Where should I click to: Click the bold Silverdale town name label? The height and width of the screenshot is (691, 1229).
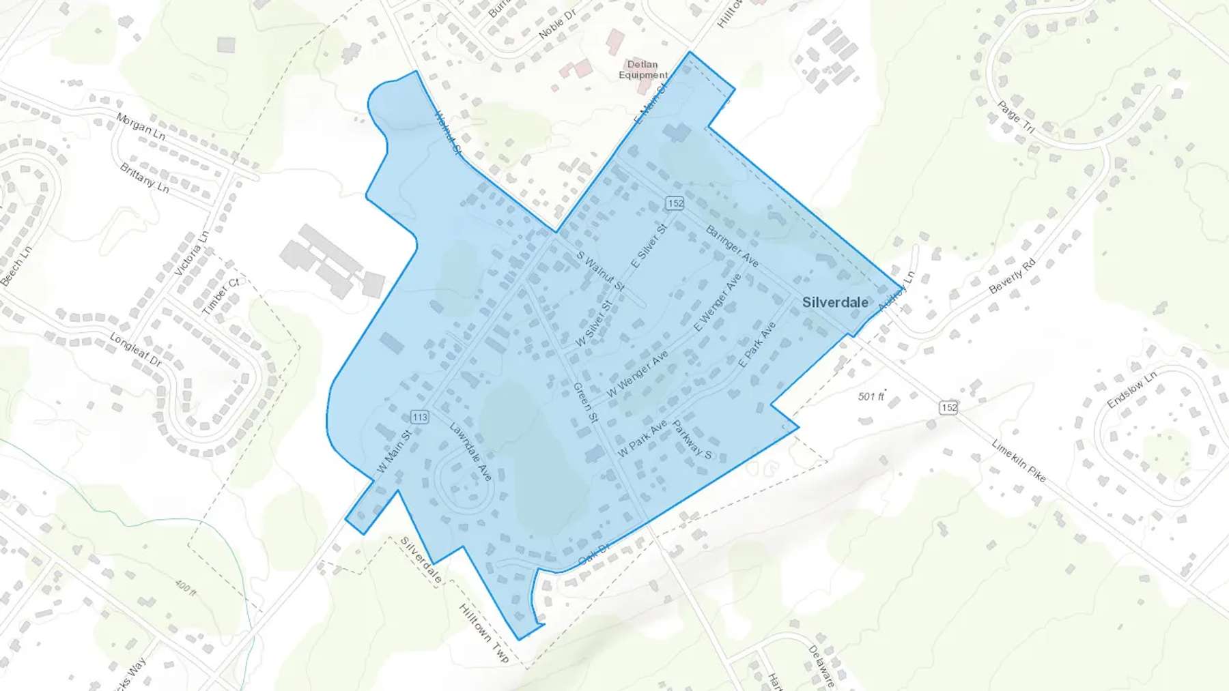point(835,302)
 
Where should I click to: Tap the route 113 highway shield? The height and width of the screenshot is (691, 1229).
point(420,417)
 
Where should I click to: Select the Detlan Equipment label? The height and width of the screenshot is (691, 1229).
point(643,70)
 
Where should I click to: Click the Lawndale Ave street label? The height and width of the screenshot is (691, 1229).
point(470,451)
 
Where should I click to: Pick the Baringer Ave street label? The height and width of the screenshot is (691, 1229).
point(732,246)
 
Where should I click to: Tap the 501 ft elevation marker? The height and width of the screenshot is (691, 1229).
point(871,396)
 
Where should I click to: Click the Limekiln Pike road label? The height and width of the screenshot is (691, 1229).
point(1019,461)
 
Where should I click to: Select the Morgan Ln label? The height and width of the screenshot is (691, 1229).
point(141,126)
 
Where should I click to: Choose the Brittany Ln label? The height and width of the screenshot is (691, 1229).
point(144,177)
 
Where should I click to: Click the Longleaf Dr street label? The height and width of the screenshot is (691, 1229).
point(136,350)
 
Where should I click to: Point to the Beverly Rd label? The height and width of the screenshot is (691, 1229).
point(1013,276)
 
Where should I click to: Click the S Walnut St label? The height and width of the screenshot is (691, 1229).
point(600,271)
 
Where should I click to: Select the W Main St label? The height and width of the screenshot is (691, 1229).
point(394,451)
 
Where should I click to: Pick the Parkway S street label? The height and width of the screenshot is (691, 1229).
point(692,440)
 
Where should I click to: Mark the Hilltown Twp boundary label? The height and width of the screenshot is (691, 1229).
point(484,633)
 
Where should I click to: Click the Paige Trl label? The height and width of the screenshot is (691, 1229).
point(1016,117)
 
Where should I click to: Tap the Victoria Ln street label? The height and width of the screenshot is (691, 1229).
point(192,253)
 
